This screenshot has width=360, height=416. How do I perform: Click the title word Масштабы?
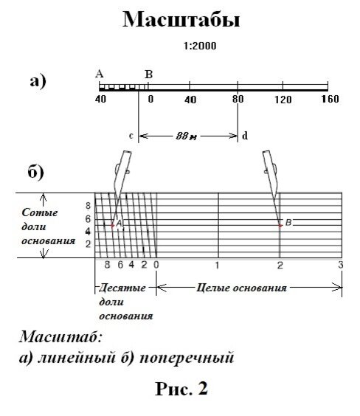click(x=181, y=20)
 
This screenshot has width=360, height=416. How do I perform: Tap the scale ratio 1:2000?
click(x=200, y=46)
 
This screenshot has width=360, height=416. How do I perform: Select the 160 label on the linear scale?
click(x=330, y=99)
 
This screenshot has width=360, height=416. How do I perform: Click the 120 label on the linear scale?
click(x=283, y=100)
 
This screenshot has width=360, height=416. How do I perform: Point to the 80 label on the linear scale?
click(x=238, y=99)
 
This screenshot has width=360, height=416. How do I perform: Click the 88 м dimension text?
click(x=186, y=136)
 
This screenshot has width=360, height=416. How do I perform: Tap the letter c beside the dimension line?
click(x=131, y=136)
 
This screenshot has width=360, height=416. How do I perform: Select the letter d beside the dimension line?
click(x=245, y=136)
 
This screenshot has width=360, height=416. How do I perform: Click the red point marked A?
click(x=112, y=226)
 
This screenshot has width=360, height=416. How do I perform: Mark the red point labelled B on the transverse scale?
click(x=280, y=226)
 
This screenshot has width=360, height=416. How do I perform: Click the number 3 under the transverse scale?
click(x=341, y=265)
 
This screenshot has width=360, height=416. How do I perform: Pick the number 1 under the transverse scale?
click(x=217, y=265)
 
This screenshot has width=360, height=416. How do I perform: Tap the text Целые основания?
click(x=241, y=288)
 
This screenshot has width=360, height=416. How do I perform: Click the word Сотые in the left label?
click(x=40, y=212)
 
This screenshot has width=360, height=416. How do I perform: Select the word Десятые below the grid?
click(x=122, y=288)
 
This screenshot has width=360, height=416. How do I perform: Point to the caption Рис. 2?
click(x=181, y=389)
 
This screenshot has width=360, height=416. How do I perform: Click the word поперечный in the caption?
click(x=187, y=358)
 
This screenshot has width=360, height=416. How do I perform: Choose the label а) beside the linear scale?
click(x=38, y=81)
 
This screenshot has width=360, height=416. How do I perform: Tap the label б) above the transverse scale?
click(x=36, y=172)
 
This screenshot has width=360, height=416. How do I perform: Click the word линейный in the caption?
click(x=77, y=358)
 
